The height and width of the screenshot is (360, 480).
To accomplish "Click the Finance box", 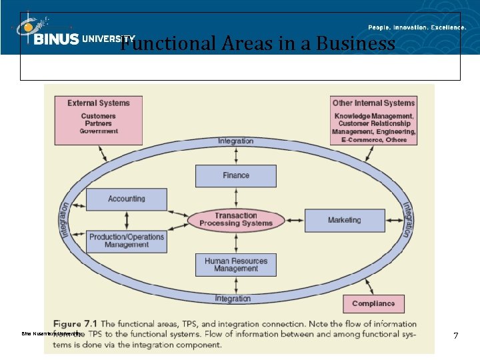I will (x=235, y=176).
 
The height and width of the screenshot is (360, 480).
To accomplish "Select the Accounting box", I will (x=126, y=199).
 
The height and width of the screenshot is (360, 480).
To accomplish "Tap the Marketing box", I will (x=344, y=220).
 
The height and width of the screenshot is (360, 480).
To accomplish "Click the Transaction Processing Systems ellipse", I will (x=235, y=220).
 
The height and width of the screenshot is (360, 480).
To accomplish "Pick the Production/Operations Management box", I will (x=126, y=241).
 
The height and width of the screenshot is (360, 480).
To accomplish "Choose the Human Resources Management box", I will (x=235, y=265).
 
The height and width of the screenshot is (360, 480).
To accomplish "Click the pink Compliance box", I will (x=373, y=303).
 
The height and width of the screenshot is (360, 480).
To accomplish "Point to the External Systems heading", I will (x=99, y=103).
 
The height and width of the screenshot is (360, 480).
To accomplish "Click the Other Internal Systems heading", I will (x=373, y=103).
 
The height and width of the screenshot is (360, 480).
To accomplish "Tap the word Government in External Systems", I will (x=99, y=132).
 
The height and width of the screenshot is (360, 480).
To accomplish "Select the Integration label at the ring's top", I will (x=235, y=141).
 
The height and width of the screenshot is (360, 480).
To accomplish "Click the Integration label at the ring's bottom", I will (x=233, y=299).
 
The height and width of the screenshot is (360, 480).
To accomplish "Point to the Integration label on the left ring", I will (x=65, y=219).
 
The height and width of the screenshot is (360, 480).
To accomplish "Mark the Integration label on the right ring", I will (x=405, y=219).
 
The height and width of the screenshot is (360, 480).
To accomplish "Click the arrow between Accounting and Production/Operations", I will (x=126, y=220).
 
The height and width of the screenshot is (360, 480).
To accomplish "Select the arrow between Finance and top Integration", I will (x=235, y=155).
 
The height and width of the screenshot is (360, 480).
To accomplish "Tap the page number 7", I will (x=455, y=335).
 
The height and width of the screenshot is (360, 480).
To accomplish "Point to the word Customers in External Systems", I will (x=99, y=117).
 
